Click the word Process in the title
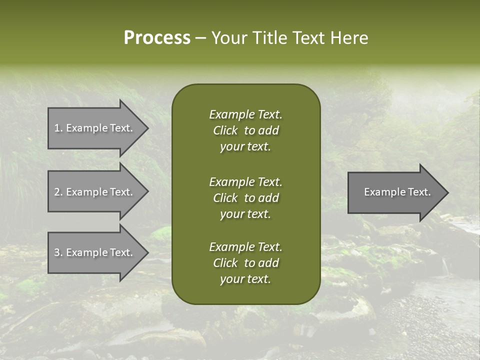tap(157, 38)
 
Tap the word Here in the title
tap(348, 38)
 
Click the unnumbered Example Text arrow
tap(397, 192)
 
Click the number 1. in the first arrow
tap(58, 128)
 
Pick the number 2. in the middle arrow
tap(58, 192)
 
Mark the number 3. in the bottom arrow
tap(58, 252)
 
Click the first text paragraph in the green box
tap(246, 130)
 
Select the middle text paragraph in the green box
tap(246, 198)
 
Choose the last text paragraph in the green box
tap(246, 263)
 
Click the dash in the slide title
tap(200, 38)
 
